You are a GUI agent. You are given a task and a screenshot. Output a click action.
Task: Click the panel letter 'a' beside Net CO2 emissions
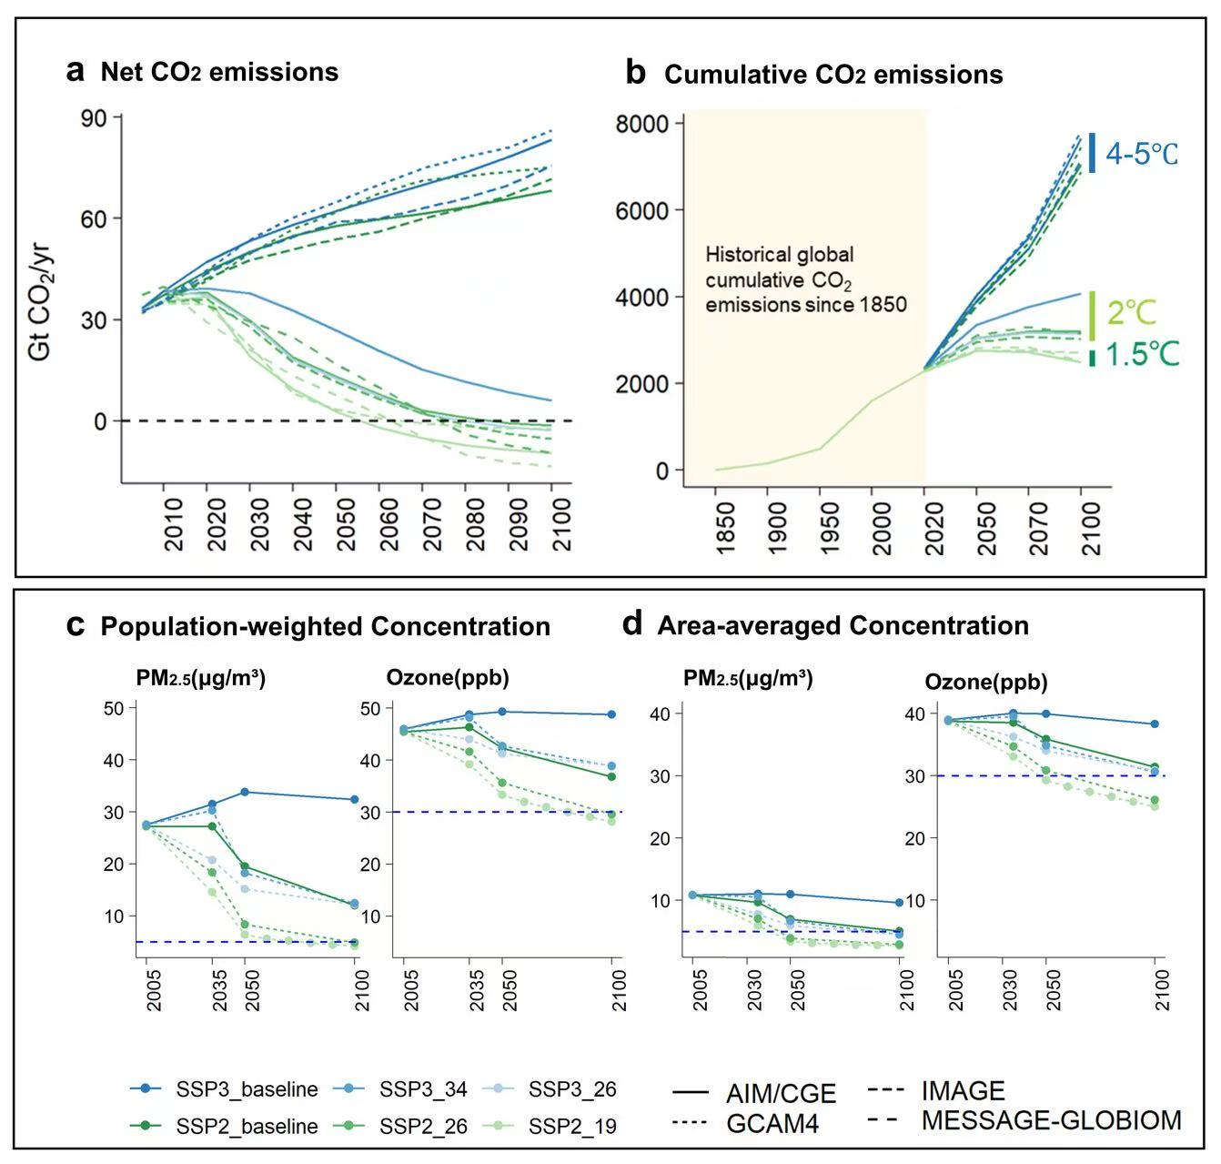(x=76, y=71)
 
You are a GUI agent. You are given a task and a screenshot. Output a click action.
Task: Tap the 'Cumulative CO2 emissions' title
(x=833, y=75)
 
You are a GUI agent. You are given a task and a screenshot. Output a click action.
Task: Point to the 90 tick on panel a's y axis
(x=95, y=117)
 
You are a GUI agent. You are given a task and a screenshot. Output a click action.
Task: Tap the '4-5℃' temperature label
(x=1141, y=154)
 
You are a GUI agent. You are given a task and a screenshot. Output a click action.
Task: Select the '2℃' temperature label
(x=1132, y=314)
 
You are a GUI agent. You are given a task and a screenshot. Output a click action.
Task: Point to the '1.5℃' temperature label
(x=1142, y=355)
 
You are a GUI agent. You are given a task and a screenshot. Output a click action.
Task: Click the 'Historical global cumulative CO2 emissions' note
(x=805, y=279)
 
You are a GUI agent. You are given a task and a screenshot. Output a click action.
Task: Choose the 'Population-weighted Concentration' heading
(x=325, y=626)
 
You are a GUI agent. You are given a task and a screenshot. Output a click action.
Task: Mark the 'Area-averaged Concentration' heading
(x=843, y=625)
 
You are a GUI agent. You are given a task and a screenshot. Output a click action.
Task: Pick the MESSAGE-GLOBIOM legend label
(x=1051, y=1119)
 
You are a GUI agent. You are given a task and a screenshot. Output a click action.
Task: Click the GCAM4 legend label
(x=772, y=1124)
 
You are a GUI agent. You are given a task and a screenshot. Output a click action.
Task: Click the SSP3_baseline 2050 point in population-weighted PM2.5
(x=245, y=792)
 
